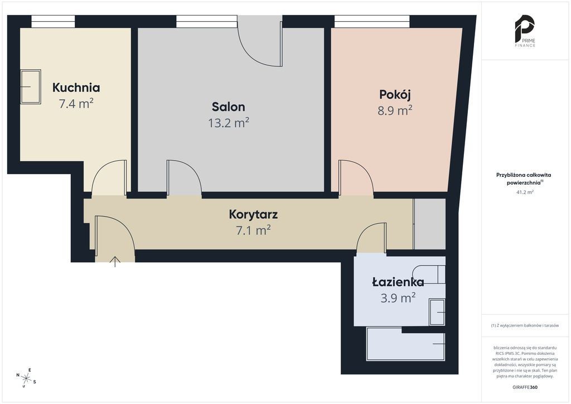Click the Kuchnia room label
[76, 88]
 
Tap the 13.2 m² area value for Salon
[228, 123]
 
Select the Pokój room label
[395, 94]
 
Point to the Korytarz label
[253, 214]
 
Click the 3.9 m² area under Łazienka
[398, 298]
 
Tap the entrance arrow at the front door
[115, 262]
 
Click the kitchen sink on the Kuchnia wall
[31, 86]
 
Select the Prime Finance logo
[525, 31]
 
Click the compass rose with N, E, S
[26, 377]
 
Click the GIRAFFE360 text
[525, 387]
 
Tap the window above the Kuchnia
[53, 21]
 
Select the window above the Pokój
[372, 21]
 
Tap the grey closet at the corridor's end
[429, 224]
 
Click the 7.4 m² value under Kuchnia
[76, 103]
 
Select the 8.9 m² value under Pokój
[395, 110]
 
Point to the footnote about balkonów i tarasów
[525, 325]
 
